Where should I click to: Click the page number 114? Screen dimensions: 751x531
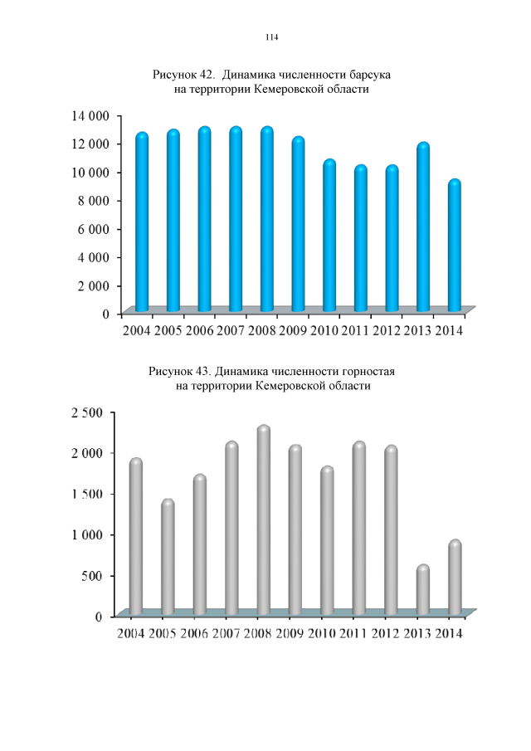(271, 37)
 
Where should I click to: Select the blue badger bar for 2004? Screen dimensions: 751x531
(142, 224)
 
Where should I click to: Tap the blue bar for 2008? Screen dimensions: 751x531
(266, 220)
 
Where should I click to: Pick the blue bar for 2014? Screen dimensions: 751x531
(454, 246)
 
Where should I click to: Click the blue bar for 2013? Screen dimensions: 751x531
(423, 229)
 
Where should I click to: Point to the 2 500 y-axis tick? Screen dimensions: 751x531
(85, 412)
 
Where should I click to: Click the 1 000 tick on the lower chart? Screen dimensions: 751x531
(85, 534)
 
